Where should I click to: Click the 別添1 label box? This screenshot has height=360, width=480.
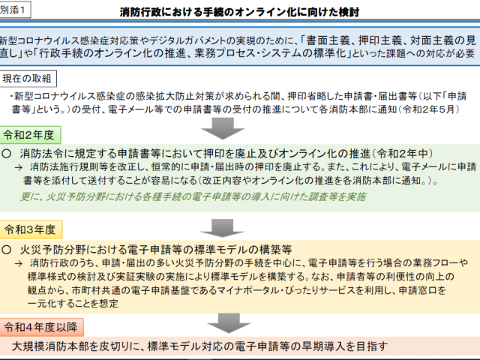coord(15,10)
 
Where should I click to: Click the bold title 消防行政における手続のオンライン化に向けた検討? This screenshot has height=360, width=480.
coord(239,12)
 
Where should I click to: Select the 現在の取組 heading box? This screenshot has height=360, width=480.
coord(28,79)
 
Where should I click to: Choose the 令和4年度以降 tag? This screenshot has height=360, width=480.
coord(41,327)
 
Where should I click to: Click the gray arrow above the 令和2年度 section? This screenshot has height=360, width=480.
coord(223,128)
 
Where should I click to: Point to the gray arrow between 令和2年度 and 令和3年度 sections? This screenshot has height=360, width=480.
coord(223,228)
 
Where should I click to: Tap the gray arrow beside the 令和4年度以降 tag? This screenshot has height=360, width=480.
coord(229,323)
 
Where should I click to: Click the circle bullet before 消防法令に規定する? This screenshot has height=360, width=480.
coord(7,154)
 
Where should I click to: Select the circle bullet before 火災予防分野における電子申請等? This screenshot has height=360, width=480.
coord(7,250)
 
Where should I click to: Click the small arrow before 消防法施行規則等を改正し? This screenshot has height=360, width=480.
coord(19,167)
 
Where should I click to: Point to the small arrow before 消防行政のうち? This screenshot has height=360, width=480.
coord(19,263)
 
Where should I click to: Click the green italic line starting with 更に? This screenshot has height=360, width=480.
coord(193,196)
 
